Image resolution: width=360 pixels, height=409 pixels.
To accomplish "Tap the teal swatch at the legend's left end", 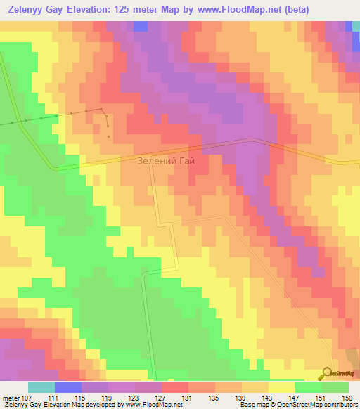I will click(41, 387).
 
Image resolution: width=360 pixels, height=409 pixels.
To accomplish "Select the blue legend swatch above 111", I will click(67, 387).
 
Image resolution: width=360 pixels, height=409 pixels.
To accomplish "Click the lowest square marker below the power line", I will click(108, 136).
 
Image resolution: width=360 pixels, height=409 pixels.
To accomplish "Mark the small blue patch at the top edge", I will click(140, 26).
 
